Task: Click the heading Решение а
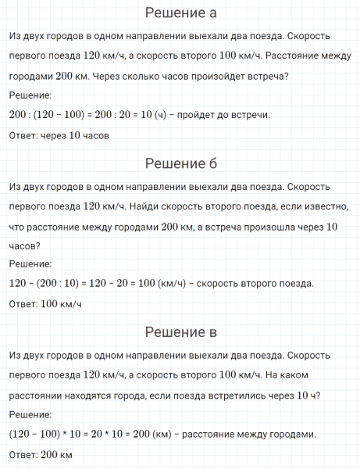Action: (x=180, y=13)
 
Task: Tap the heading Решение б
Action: (x=180, y=163)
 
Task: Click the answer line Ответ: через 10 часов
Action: (x=58, y=134)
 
